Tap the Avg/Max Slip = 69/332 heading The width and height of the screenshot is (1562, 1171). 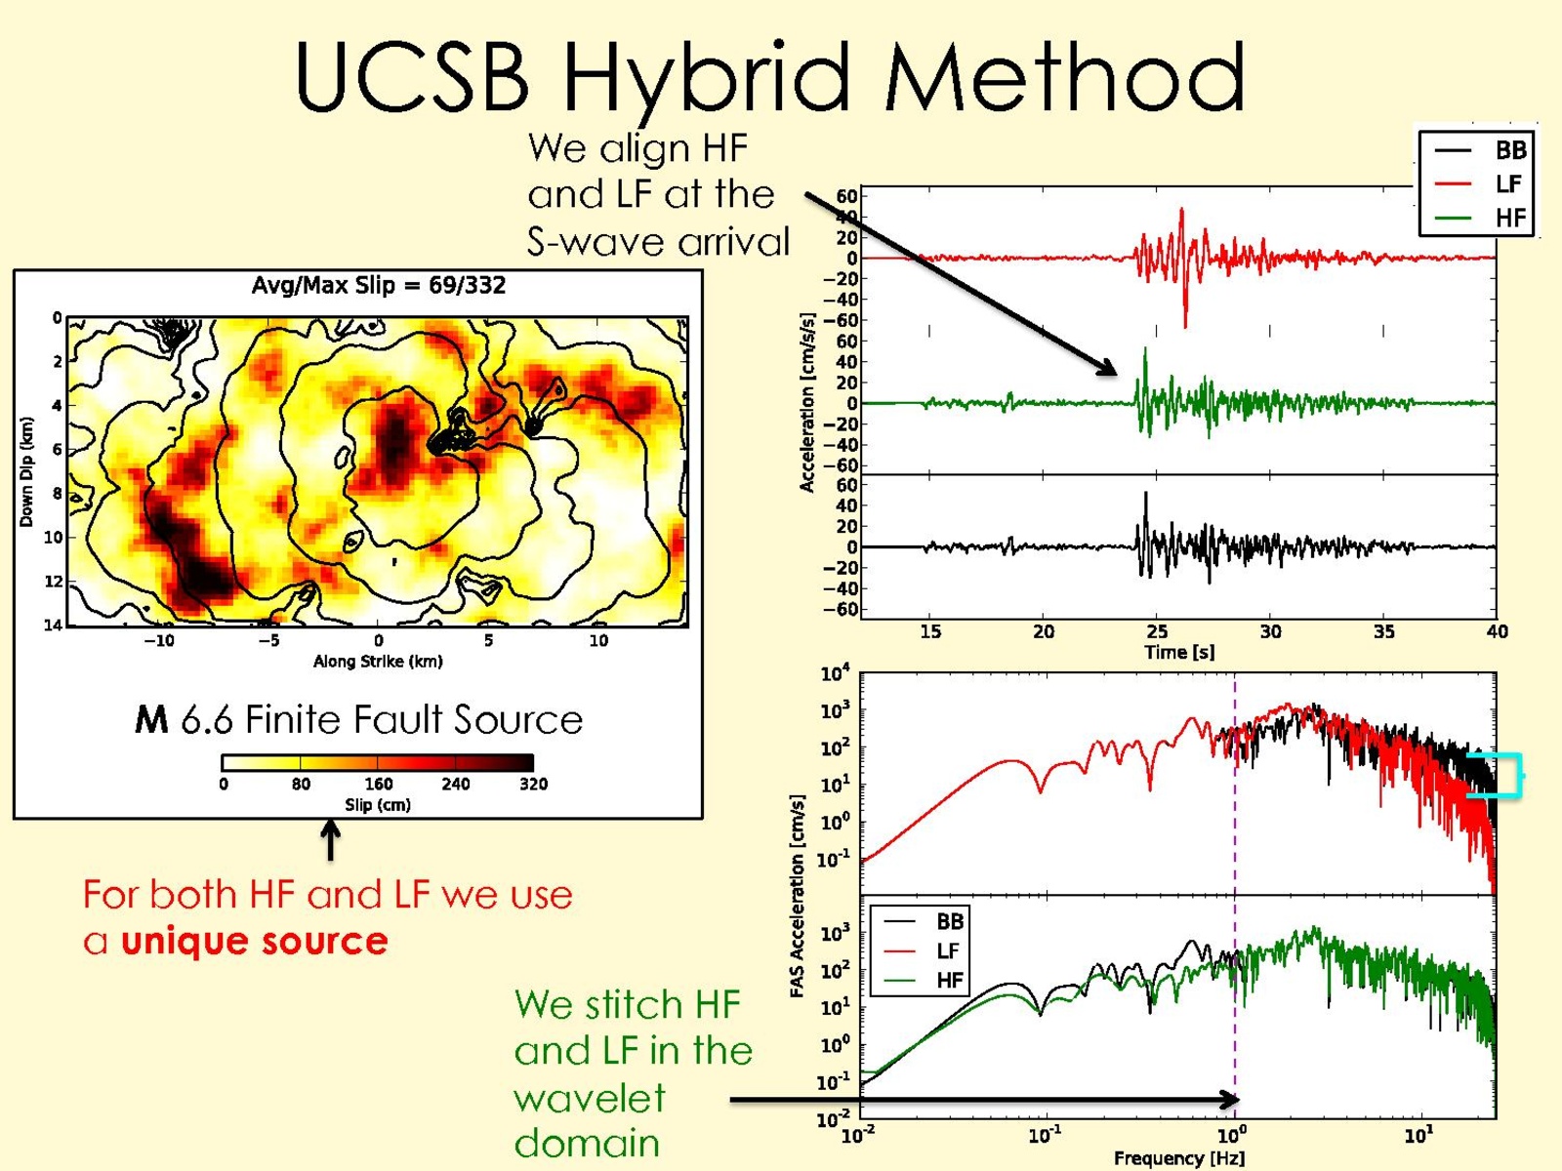coord(379,285)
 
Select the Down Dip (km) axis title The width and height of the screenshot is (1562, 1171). coord(26,471)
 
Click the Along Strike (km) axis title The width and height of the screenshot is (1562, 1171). coord(378,662)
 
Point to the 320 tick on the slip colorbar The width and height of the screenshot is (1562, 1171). coord(533,784)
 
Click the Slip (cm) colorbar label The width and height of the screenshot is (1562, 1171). coord(378,805)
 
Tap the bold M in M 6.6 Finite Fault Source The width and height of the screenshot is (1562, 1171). coord(151,720)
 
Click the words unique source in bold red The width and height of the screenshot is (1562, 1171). coord(255,941)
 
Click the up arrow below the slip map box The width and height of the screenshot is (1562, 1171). coord(331,839)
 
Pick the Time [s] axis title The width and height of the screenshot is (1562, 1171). coord(1179,652)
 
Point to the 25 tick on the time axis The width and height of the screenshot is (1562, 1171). coord(1157,631)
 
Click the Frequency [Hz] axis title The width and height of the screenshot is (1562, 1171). coord(1179,1158)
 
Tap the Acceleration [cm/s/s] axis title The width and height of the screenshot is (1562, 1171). coord(807,402)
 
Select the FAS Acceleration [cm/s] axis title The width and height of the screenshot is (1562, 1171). coord(798,896)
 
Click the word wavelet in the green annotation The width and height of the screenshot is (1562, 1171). coord(590,1098)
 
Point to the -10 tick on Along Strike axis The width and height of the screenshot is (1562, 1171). coord(159,641)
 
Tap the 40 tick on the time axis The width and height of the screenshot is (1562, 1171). coord(1497,631)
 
